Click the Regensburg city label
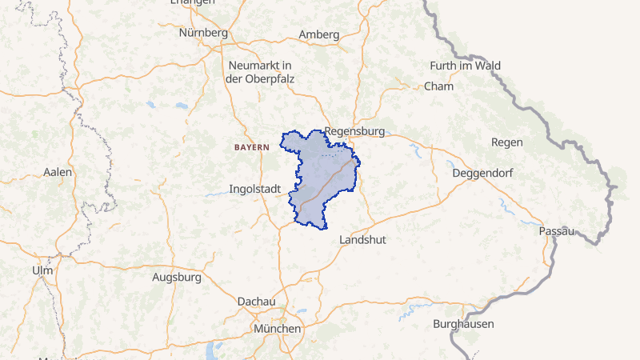tap(355, 131)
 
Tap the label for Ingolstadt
tap(254, 190)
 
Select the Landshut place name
tap(363, 240)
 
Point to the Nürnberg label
tap(204, 33)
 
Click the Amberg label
tap(318, 34)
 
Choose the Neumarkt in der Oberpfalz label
tap(258, 71)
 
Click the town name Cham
tap(438, 86)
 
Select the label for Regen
tap(507, 142)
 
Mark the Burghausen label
tap(463, 324)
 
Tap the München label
tap(277, 329)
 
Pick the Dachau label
tap(257, 302)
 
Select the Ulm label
tap(42, 270)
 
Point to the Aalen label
tap(58, 172)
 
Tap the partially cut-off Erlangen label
tap(193, 2)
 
